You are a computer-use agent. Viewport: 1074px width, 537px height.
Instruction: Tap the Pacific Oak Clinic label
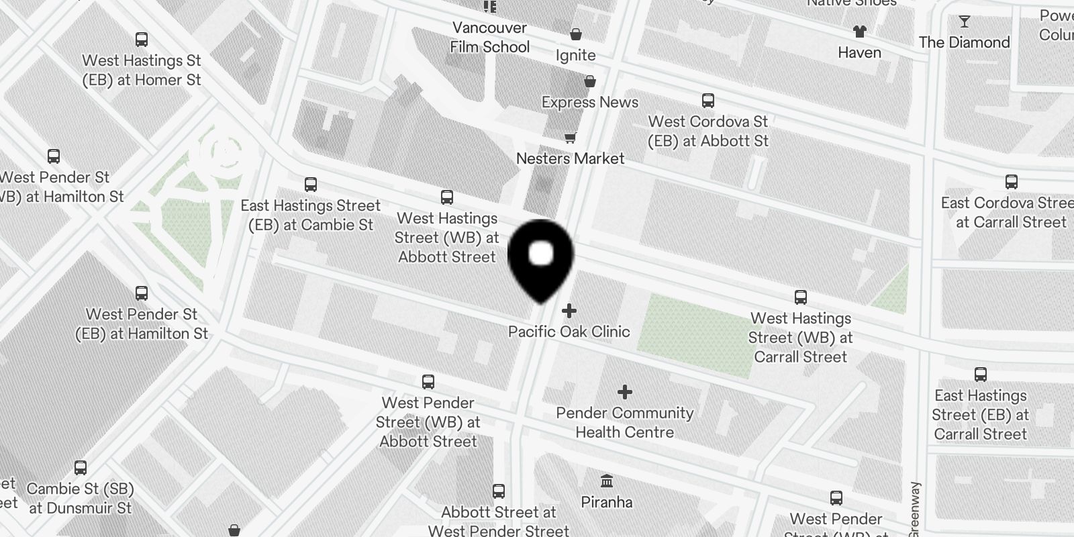point(569,332)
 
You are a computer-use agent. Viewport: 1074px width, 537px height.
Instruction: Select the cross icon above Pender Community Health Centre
point(625,391)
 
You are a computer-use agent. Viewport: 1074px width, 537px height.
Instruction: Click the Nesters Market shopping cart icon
point(570,138)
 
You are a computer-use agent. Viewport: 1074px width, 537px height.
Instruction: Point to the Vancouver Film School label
point(489,38)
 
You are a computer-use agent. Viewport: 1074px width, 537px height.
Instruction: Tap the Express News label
point(590,103)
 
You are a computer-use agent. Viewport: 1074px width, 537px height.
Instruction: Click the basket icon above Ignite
point(576,34)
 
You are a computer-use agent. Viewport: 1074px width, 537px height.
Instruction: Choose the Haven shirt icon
point(859,31)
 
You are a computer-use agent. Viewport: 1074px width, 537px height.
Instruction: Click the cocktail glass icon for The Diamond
point(964,22)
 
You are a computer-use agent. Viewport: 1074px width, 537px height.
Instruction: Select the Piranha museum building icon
point(607,481)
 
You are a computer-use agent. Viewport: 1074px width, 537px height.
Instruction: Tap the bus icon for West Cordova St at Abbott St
point(707,101)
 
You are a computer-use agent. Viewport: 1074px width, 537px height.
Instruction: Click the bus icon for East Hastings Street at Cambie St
point(310,185)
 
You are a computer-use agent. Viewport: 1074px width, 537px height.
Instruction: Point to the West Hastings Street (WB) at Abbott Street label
point(447,238)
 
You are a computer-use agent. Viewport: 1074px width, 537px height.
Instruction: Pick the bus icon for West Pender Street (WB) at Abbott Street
point(428,382)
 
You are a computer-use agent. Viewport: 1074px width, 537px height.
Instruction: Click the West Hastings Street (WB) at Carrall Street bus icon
point(800,297)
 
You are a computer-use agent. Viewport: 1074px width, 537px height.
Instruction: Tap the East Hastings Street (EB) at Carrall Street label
point(981,415)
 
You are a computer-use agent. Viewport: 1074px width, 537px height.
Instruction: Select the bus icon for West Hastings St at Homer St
point(142,40)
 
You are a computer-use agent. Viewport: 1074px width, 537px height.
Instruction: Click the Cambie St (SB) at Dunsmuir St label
point(81,499)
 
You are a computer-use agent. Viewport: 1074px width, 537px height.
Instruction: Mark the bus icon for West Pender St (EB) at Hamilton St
point(142,293)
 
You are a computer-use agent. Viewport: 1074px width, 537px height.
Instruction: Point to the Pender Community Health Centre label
point(625,423)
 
